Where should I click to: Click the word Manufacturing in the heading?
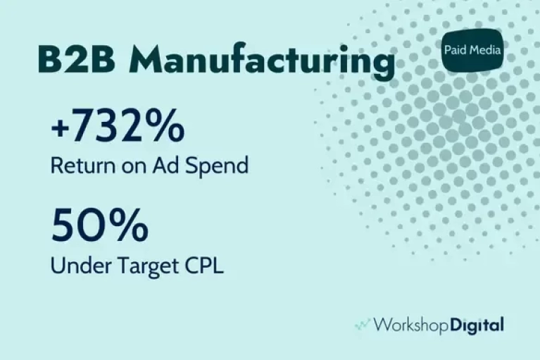click(262, 61)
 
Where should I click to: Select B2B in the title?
click(77, 59)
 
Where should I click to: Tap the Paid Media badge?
click(472, 50)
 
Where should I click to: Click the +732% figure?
click(118, 125)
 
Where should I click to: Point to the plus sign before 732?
click(58, 128)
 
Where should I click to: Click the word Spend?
click(217, 166)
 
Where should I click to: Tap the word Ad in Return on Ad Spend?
click(166, 166)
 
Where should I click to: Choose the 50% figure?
click(100, 225)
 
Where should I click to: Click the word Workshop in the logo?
click(411, 325)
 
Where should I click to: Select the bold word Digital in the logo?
click(477, 325)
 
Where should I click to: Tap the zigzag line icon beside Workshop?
click(363, 324)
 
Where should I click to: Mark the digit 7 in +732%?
click(80, 125)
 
